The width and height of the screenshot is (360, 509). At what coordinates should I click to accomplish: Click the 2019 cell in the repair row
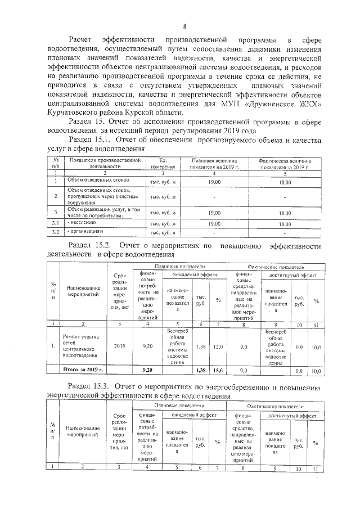point(120,348)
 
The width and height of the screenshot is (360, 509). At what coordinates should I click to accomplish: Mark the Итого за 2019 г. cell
point(81,370)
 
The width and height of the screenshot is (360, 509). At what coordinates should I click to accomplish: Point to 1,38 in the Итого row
point(200,371)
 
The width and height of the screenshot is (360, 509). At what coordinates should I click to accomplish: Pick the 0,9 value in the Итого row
point(300,371)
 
